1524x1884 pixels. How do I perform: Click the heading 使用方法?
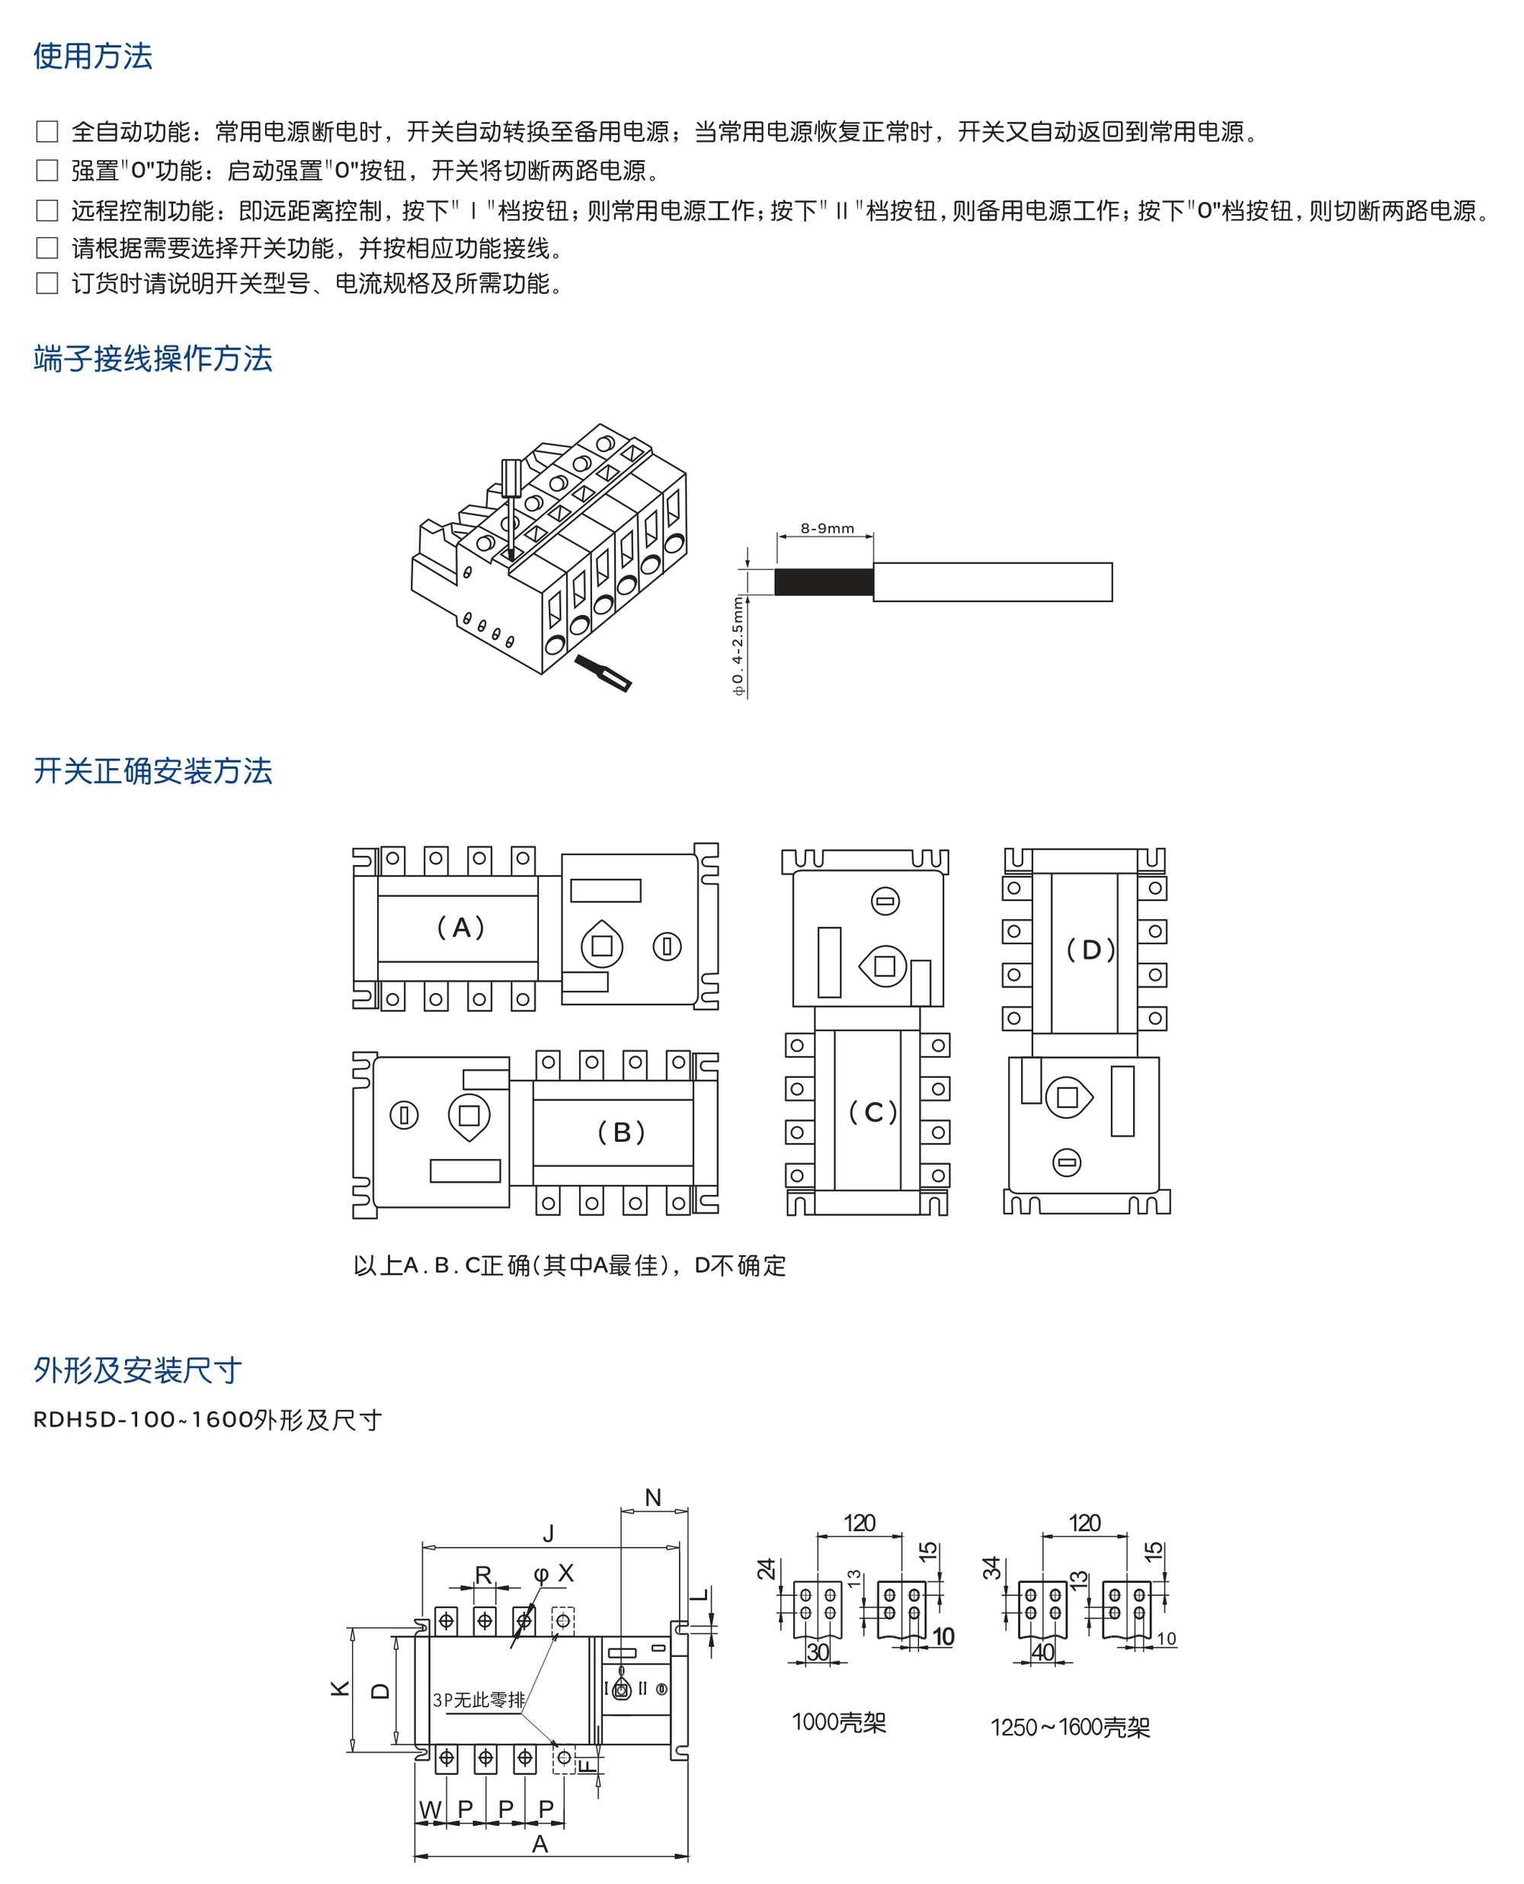[93, 56]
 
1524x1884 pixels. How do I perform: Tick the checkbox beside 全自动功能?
[46, 132]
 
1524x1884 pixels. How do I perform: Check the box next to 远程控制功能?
[46, 210]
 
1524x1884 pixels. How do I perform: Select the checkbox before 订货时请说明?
[46, 283]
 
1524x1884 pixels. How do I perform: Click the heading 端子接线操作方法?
[152, 358]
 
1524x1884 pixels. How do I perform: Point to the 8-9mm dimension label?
[827, 527]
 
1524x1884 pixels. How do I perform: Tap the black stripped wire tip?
[824, 582]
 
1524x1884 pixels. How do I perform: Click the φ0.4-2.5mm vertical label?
[738, 646]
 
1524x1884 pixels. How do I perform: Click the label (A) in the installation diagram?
[460, 927]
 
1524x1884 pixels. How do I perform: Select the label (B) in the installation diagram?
[621, 1132]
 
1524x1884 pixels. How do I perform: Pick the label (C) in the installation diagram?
[872, 1112]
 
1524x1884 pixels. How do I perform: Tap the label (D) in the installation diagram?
[1090, 949]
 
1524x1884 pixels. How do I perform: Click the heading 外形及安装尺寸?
[138, 1370]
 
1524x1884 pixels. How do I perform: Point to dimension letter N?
[653, 1497]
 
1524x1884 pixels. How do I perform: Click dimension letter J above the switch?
[549, 1533]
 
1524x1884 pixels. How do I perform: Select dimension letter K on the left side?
[340, 1687]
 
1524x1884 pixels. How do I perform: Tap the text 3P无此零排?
[479, 1700]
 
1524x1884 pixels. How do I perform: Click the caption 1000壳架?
[838, 1722]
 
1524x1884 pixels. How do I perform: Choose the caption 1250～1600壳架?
[1070, 1727]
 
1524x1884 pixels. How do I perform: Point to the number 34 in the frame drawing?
[991, 1567]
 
